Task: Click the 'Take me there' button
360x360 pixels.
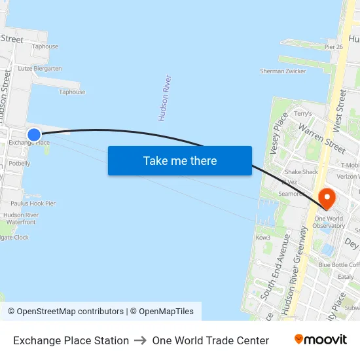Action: [179, 160]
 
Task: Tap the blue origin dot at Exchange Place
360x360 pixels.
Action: [34, 134]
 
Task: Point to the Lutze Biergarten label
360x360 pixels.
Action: [40, 68]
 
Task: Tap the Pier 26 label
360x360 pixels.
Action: [334, 46]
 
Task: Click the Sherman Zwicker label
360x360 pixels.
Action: [283, 71]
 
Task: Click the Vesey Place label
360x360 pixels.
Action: [278, 134]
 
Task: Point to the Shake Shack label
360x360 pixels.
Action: [301, 172]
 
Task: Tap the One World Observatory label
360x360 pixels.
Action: [329, 222]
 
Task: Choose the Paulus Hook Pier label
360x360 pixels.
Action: [33, 204]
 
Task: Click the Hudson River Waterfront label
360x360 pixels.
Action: [21, 219]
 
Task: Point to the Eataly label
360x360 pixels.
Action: [345, 277]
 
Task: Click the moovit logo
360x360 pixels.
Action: [320, 340]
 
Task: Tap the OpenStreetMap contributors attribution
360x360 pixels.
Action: [70, 312]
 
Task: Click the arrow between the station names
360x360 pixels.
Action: [140, 340]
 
